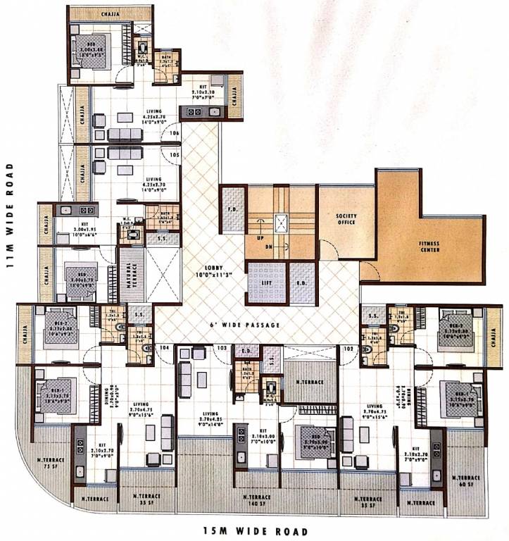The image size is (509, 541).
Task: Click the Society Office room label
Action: (346, 219)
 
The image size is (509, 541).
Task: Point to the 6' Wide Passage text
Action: (245, 325)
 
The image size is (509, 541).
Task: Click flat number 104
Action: (166, 348)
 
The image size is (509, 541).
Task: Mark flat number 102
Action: (347, 348)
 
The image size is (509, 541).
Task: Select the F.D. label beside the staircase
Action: (231, 209)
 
